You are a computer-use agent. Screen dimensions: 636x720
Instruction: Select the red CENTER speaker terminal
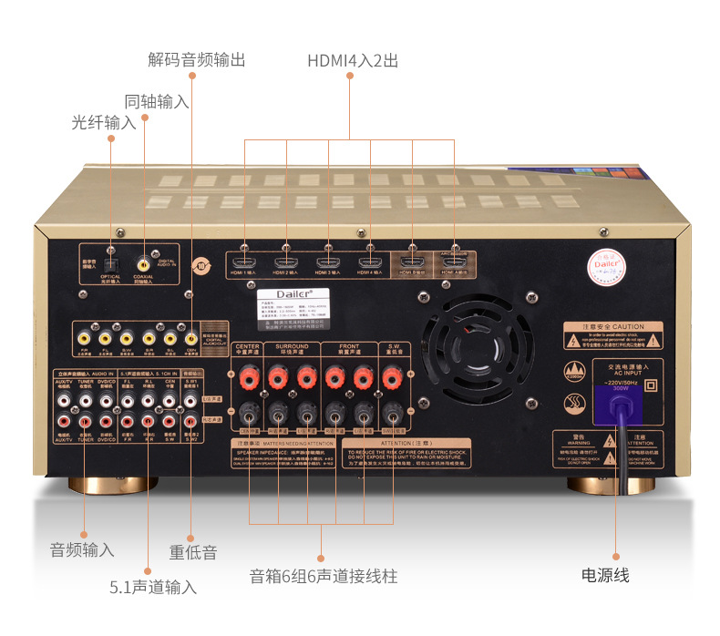[x=248, y=374]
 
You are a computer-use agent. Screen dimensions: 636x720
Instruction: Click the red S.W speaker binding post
[x=392, y=374]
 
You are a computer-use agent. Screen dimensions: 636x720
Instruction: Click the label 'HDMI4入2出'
[x=352, y=61]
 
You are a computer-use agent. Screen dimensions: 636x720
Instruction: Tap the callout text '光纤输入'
[x=104, y=122]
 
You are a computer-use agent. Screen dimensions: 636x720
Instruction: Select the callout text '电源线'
[x=605, y=575]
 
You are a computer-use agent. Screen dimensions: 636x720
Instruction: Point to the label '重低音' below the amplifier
[x=193, y=552]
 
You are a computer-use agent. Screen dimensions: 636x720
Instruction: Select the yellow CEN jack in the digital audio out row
[x=190, y=336]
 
